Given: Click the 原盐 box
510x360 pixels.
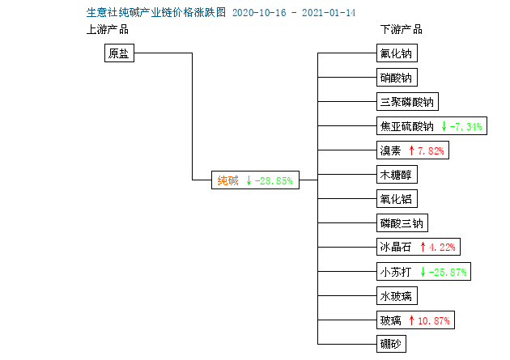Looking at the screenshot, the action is click(119, 53).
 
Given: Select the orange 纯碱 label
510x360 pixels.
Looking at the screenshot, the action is click(227, 180).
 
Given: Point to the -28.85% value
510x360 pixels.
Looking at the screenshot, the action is click(274, 180).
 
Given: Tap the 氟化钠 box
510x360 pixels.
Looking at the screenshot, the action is click(397, 53).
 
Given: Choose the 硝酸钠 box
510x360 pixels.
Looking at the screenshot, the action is click(397, 78).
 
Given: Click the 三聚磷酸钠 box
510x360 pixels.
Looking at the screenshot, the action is click(407, 102).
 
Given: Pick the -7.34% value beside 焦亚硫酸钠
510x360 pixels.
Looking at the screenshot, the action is click(465, 126).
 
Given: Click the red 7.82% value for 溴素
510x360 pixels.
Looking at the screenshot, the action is click(431, 150).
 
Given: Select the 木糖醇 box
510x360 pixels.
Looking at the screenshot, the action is click(397, 175).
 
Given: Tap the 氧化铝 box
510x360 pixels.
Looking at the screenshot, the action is click(397, 199).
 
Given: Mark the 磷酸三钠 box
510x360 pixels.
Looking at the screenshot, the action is click(402, 223).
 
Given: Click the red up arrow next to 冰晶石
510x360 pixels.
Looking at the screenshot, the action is click(423, 247).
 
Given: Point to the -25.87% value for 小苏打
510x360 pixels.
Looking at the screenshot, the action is click(448, 272).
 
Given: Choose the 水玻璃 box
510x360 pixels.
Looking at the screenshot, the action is click(397, 295).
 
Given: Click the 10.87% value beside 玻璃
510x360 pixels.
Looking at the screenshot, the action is click(434, 320).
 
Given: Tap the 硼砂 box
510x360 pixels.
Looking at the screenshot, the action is click(391, 344).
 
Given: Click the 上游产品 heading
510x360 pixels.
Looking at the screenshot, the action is click(108, 30).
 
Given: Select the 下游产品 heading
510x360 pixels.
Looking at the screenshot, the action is click(402, 30).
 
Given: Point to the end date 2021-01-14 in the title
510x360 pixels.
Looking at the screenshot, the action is click(329, 13).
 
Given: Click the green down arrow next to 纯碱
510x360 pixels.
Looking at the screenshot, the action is click(249, 180).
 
